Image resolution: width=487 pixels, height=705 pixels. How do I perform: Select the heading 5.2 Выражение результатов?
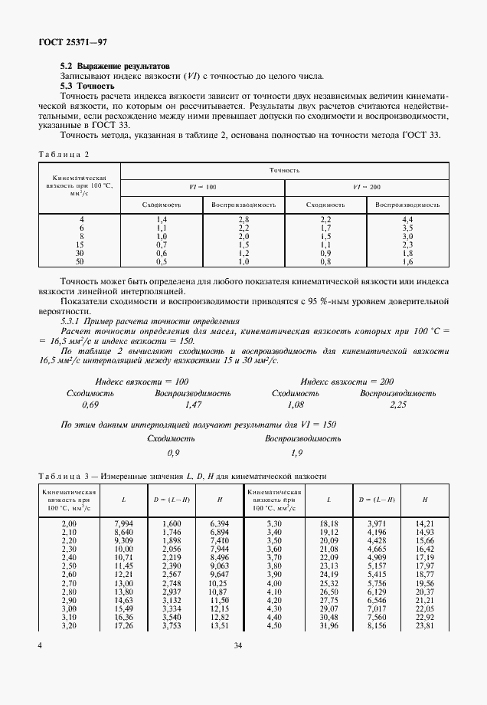(x=109, y=67)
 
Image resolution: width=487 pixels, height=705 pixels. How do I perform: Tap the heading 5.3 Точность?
(x=87, y=86)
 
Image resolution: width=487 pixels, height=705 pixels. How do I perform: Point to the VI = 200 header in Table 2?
(x=366, y=186)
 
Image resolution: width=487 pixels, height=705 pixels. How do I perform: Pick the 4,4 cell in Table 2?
(x=407, y=220)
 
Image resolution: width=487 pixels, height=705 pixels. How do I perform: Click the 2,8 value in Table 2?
(x=243, y=220)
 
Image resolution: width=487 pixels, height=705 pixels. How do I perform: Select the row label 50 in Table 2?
(x=81, y=261)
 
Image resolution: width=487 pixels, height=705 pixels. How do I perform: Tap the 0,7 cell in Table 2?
(x=162, y=244)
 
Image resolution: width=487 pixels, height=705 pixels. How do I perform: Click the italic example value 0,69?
(x=90, y=405)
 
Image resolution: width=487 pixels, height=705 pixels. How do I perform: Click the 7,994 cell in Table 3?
(x=123, y=523)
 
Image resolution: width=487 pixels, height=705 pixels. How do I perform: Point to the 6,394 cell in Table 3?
(x=219, y=523)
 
